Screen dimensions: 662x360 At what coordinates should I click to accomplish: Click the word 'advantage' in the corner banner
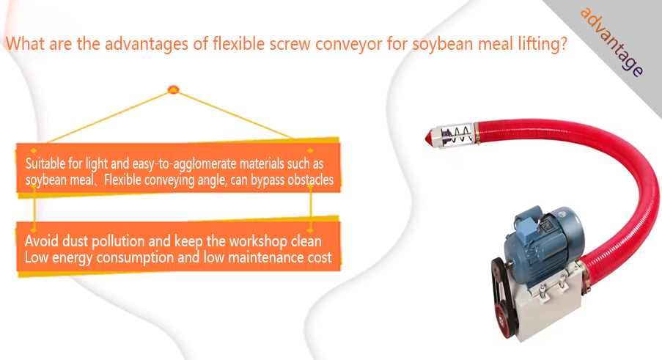(x=611, y=42)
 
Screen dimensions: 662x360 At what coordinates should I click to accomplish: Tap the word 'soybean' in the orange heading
(x=442, y=44)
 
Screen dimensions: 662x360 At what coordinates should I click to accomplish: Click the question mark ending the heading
(x=563, y=43)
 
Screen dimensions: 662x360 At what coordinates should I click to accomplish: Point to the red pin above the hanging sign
(x=173, y=89)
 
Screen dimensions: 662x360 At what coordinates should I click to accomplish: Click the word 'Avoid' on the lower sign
(x=41, y=241)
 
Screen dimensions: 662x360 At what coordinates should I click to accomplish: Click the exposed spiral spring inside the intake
(x=457, y=135)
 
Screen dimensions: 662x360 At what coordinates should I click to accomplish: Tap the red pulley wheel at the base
(x=504, y=320)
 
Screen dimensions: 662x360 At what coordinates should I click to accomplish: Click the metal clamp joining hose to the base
(x=584, y=276)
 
